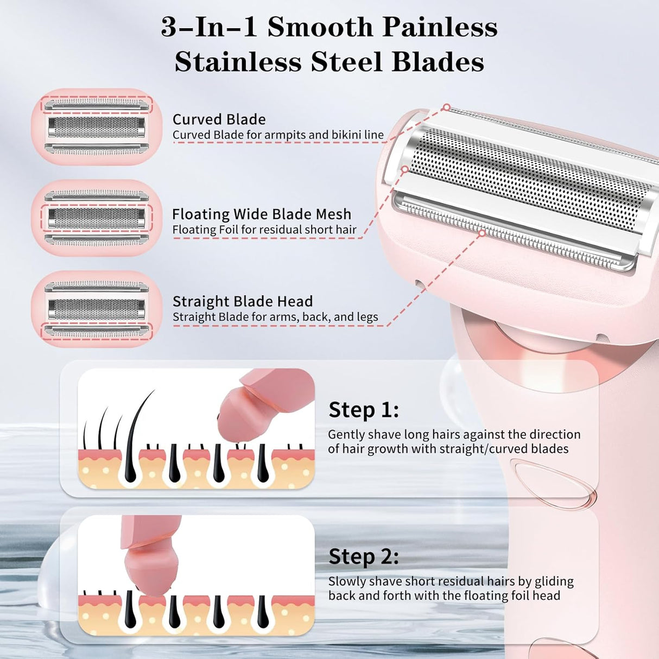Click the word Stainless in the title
[238, 62]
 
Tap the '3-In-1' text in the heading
[209, 27]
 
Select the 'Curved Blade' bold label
[219, 119]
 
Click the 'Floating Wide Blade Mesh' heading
[262, 214]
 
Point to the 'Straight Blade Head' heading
[243, 301]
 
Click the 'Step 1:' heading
[364, 410]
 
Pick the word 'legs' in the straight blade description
[367, 318]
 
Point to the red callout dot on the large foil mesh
[405, 169]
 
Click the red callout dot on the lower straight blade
[482, 233]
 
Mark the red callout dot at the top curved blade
[446, 107]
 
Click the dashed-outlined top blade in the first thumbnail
[97, 104]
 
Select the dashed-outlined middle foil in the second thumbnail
[97, 218]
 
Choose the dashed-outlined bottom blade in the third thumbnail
[97, 331]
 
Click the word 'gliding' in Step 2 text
[554, 582]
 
